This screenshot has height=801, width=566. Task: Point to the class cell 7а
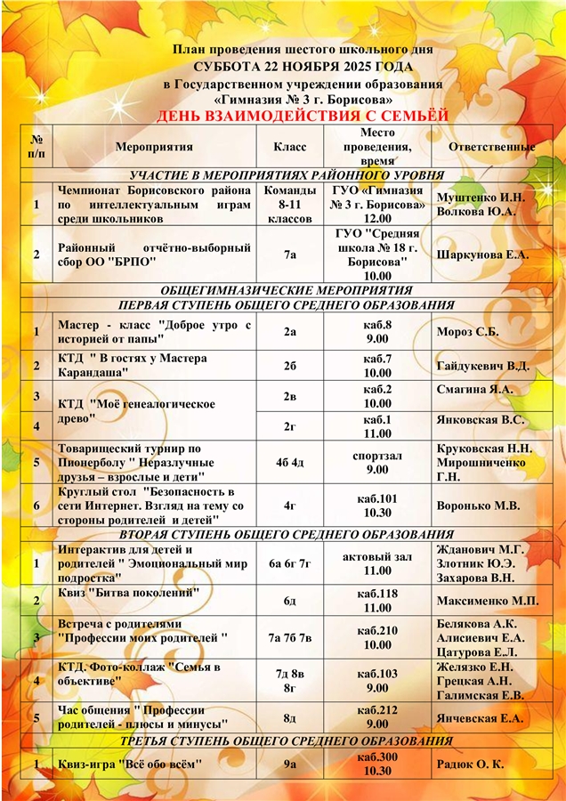point(290,255)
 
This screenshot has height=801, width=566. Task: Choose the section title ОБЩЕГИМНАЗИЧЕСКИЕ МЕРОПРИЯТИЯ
point(286,290)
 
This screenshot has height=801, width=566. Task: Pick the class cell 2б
point(290,366)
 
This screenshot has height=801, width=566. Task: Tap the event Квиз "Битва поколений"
point(128,593)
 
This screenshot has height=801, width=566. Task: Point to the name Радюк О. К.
point(471,764)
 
